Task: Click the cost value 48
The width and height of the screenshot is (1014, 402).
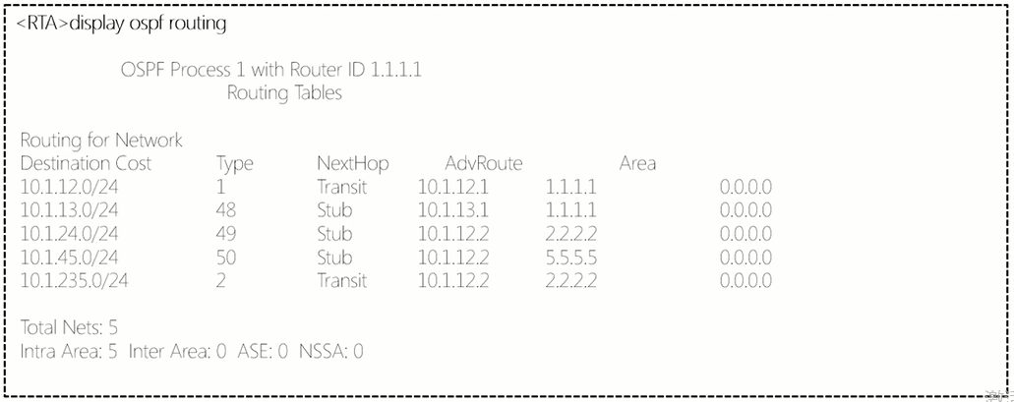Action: pyautogui.click(x=225, y=210)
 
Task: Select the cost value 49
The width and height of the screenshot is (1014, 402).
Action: pyautogui.click(x=225, y=234)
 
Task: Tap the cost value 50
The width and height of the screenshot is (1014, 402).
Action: pyautogui.click(x=225, y=258)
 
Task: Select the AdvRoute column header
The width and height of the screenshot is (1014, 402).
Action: pyautogui.click(x=483, y=163)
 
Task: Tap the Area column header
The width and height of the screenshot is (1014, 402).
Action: pyautogui.click(x=637, y=163)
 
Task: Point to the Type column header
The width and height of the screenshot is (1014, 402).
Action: pyautogui.click(x=234, y=163)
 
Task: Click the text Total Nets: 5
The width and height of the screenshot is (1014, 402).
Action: pyautogui.click(x=69, y=326)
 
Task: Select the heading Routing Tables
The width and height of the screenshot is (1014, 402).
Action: pyautogui.click(x=284, y=94)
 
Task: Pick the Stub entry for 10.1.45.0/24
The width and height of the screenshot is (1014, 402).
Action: pyautogui.click(x=334, y=258)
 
